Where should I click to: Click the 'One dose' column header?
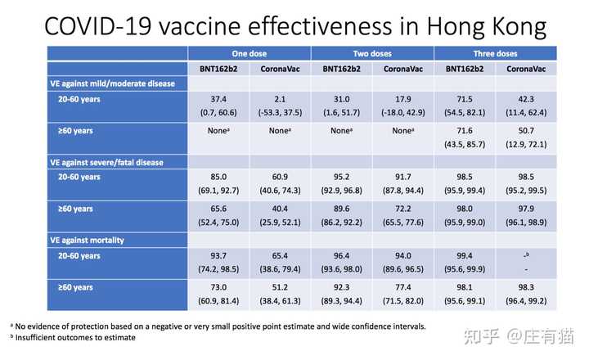coord(249,54)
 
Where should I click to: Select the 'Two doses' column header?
coord(372,54)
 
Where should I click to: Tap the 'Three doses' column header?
coord(495,54)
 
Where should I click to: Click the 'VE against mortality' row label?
coord(88,240)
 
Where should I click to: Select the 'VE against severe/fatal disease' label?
coord(106,162)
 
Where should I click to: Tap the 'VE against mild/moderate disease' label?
coord(113,83)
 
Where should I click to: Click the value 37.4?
coord(218,99)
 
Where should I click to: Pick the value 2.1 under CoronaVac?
coord(280,99)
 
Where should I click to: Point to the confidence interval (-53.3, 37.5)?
coord(280,112)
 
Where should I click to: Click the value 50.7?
coord(526,131)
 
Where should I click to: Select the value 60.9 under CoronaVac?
coord(280,177)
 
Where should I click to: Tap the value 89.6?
coord(341,209)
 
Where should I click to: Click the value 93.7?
coord(218,255)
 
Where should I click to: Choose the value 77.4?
coord(403,287)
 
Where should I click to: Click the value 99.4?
coord(465,255)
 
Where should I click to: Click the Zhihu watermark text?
coord(519,336)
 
